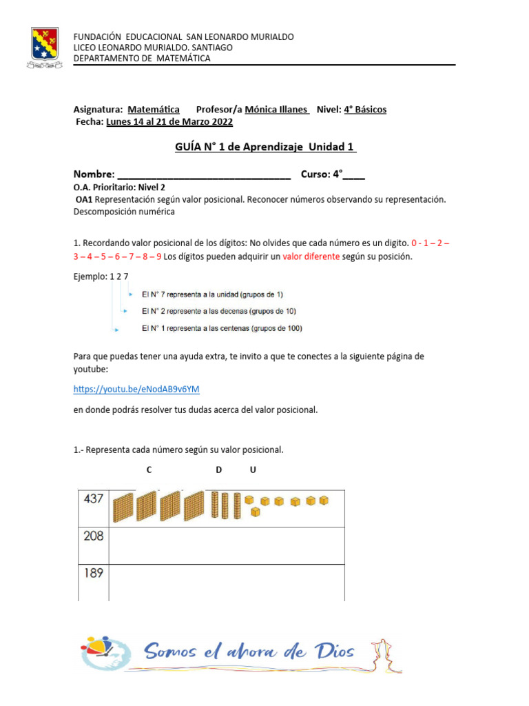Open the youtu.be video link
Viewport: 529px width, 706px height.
click(x=136, y=389)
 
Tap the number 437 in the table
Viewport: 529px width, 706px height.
click(x=94, y=499)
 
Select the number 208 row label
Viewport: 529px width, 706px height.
click(x=94, y=536)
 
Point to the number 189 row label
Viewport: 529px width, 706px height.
click(x=94, y=573)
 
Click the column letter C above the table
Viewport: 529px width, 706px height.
click(x=149, y=470)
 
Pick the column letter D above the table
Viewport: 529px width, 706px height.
click(x=218, y=470)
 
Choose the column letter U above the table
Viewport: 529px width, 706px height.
click(x=253, y=470)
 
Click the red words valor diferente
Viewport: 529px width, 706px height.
click(x=311, y=256)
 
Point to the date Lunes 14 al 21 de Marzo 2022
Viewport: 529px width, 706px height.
click(x=169, y=122)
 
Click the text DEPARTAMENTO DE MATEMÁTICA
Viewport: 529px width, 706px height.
click(x=142, y=59)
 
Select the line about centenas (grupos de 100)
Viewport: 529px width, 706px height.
click(x=221, y=328)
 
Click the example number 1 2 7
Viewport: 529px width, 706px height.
click(x=118, y=276)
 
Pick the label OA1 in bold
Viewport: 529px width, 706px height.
click(x=83, y=200)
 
